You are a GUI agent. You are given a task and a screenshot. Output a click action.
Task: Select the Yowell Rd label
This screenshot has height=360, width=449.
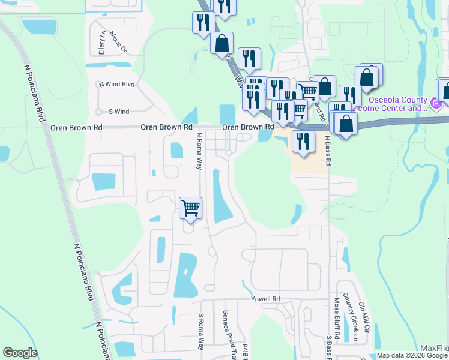(x=267, y=299)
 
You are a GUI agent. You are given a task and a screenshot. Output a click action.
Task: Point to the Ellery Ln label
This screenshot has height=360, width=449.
(x=103, y=42)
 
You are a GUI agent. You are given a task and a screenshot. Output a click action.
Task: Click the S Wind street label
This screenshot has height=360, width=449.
(x=119, y=112)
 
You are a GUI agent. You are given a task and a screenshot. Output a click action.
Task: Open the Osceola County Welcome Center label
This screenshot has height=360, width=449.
(x=397, y=104)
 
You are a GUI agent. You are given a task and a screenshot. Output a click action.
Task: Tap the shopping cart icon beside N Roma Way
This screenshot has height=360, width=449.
(x=190, y=209)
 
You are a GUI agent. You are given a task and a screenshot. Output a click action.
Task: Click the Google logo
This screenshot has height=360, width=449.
(x=20, y=353)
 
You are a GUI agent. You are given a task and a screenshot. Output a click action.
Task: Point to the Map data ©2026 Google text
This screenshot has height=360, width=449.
(x=411, y=355)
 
